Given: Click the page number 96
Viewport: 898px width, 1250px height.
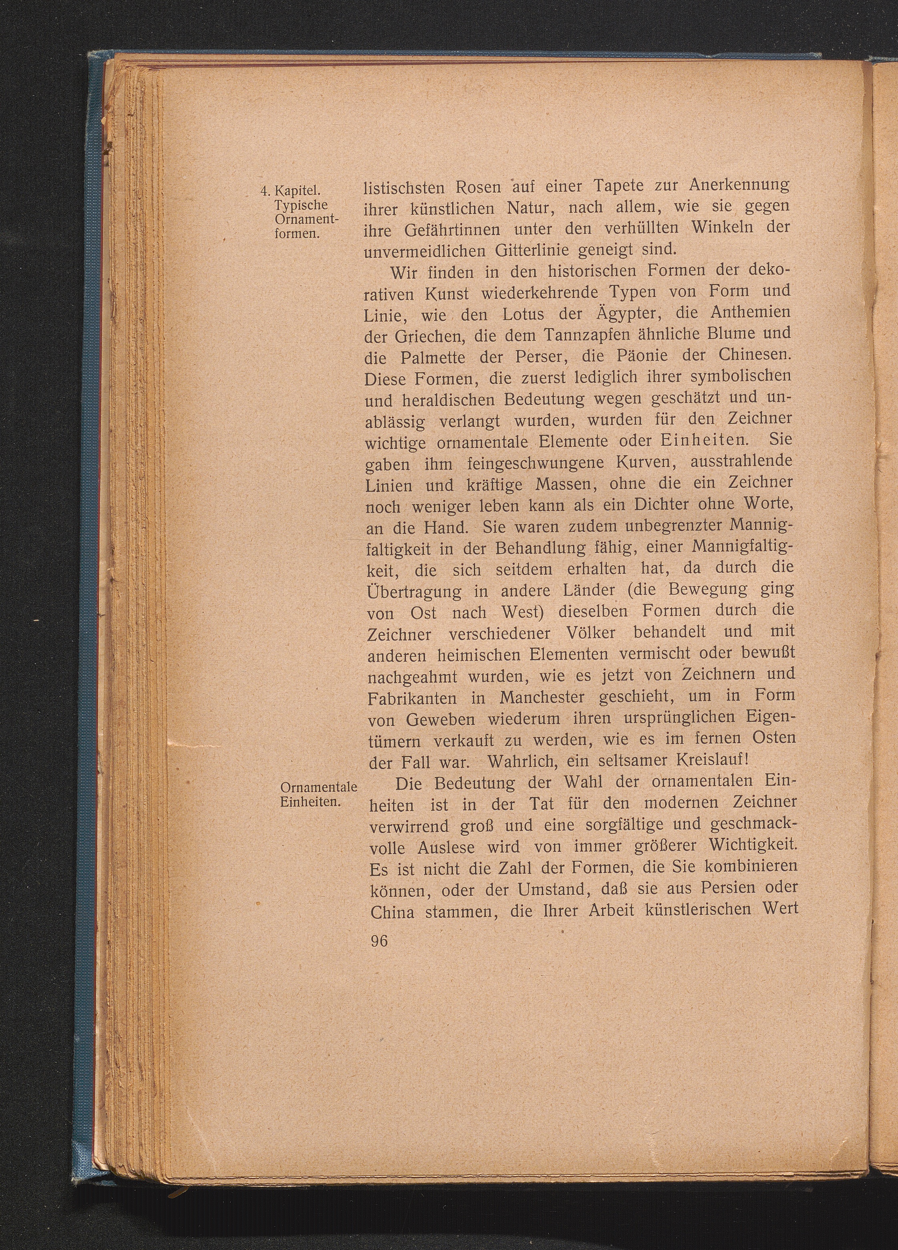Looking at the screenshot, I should click(x=379, y=941).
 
